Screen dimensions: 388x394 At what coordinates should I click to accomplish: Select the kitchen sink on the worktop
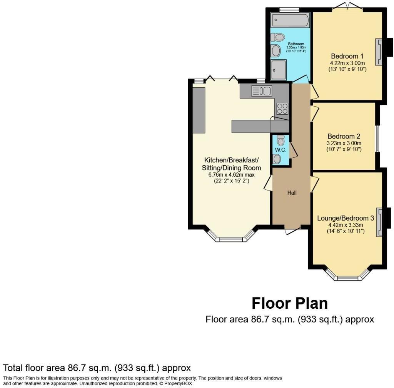pos(262,91)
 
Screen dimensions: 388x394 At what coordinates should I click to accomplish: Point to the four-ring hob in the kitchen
pos(282,109)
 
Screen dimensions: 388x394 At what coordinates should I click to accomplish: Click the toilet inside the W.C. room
pos(280,141)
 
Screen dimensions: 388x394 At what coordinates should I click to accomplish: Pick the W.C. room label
pos(280,150)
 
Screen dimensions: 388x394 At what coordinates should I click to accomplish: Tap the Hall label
pos(292,193)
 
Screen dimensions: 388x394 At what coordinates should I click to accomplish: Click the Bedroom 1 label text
pos(347,56)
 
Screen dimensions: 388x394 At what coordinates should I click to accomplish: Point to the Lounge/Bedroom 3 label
pos(345,218)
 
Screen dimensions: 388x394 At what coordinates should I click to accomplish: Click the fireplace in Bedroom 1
pos(379,52)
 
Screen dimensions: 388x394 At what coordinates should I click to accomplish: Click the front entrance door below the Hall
pos(292,230)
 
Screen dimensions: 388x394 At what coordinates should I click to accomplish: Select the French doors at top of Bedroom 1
pos(348,7)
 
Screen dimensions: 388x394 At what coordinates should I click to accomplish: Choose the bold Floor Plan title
pos(289,303)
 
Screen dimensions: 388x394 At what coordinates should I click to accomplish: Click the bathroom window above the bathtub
pos(289,10)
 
